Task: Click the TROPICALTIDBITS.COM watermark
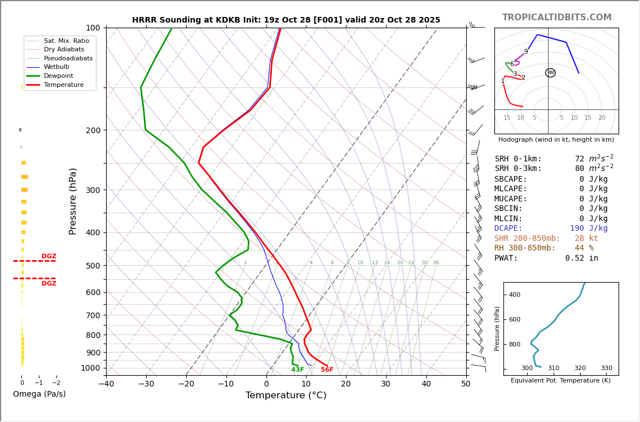click(x=556, y=17)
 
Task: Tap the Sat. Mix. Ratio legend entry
click(x=66, y=41)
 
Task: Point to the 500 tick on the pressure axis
click(x=93, y=266)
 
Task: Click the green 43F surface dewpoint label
click(x=297, y=370)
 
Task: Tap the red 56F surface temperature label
click(x=327, y=370)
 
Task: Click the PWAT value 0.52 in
click(x=581, y=258)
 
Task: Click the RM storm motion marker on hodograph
click(x=550, y=73)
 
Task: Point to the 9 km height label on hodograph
click(x=526, y=52)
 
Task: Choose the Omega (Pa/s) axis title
click(x=40, y=394)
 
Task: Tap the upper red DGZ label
click(x=49, y=257)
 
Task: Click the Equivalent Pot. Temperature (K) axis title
click(x=560, y=381)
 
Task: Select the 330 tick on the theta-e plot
click(x=606, y=368)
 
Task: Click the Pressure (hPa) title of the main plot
click(x=73, y=201)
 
